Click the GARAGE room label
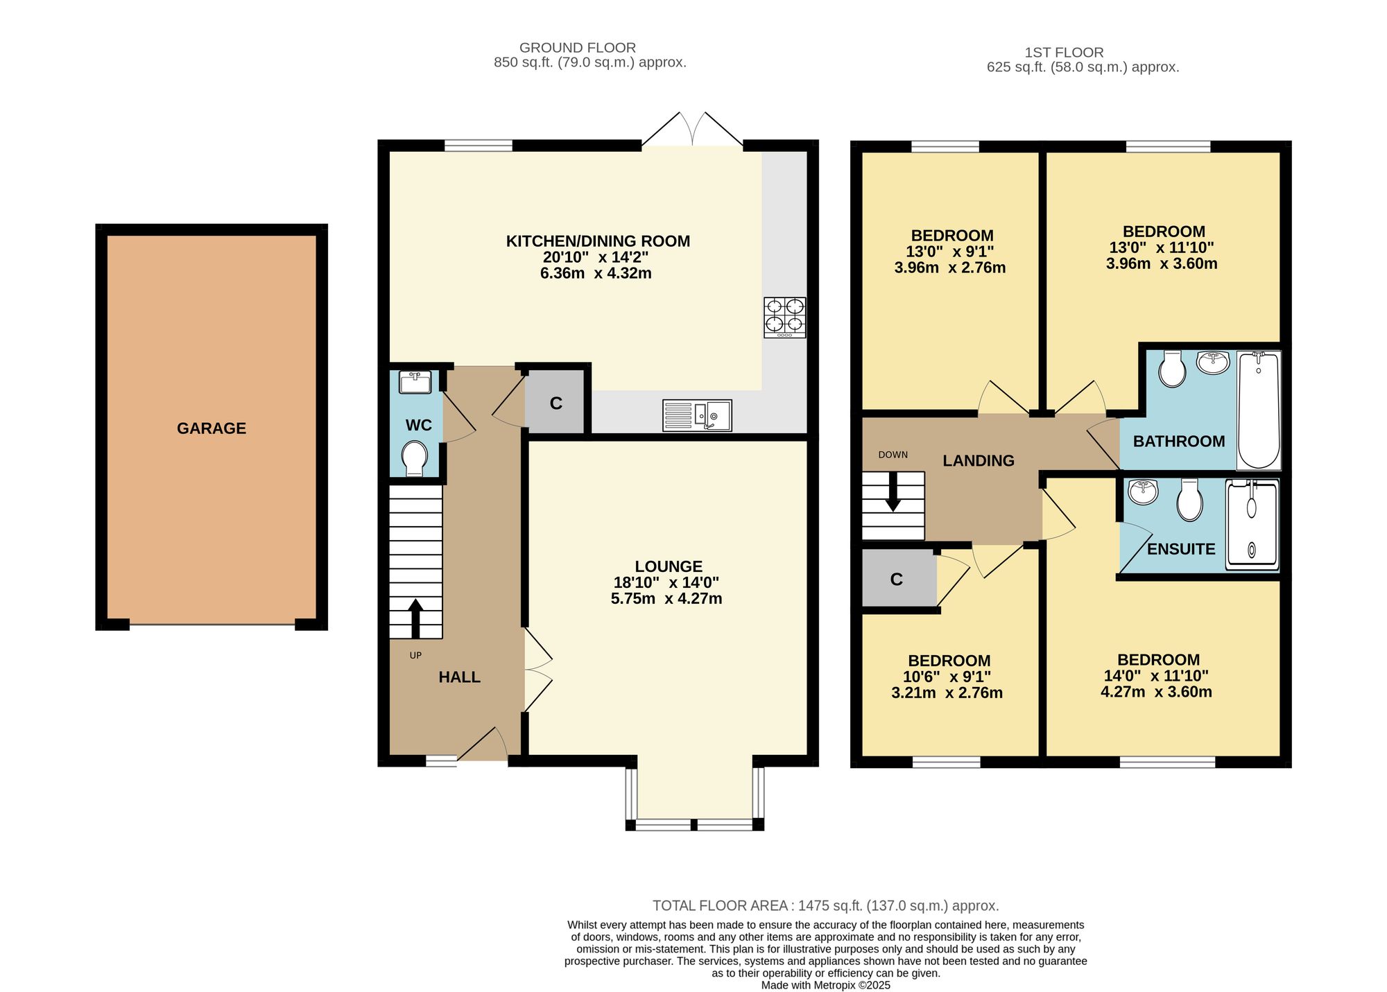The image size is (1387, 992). pos(212,428)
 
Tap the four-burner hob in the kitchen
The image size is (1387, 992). pos(785,317)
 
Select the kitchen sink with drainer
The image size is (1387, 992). pos(697,415)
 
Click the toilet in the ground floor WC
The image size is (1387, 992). pos(415,458)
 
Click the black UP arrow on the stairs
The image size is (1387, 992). pos(415,618)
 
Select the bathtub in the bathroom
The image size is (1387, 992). pos(1259,410)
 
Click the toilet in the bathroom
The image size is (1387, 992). pos(1172,368)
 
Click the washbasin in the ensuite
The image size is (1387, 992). pos(1143,491)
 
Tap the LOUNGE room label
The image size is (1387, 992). pos(669,566)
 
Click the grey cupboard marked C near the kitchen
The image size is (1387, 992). pos(555,402)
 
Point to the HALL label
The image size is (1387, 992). pos(459,677)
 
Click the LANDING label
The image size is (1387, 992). pos(979,461)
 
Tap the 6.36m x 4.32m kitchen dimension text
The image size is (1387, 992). pos(596,273)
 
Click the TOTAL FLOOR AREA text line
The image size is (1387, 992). pos(825,905)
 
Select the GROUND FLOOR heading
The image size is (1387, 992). pos(578,48)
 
